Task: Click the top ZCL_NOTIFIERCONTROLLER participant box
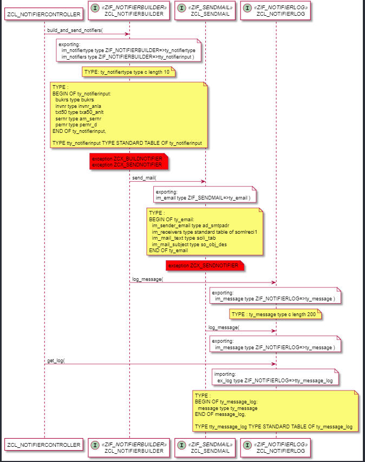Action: coord(44,13)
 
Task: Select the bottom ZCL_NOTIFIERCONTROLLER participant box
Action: coord(44,445)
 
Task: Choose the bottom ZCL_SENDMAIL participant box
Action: coord(205,445)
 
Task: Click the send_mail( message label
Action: coord(144,177)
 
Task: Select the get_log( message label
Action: coord(56,360)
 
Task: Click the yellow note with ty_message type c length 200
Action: coord(275,314)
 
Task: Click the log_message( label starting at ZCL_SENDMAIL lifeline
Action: coord(224,327)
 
